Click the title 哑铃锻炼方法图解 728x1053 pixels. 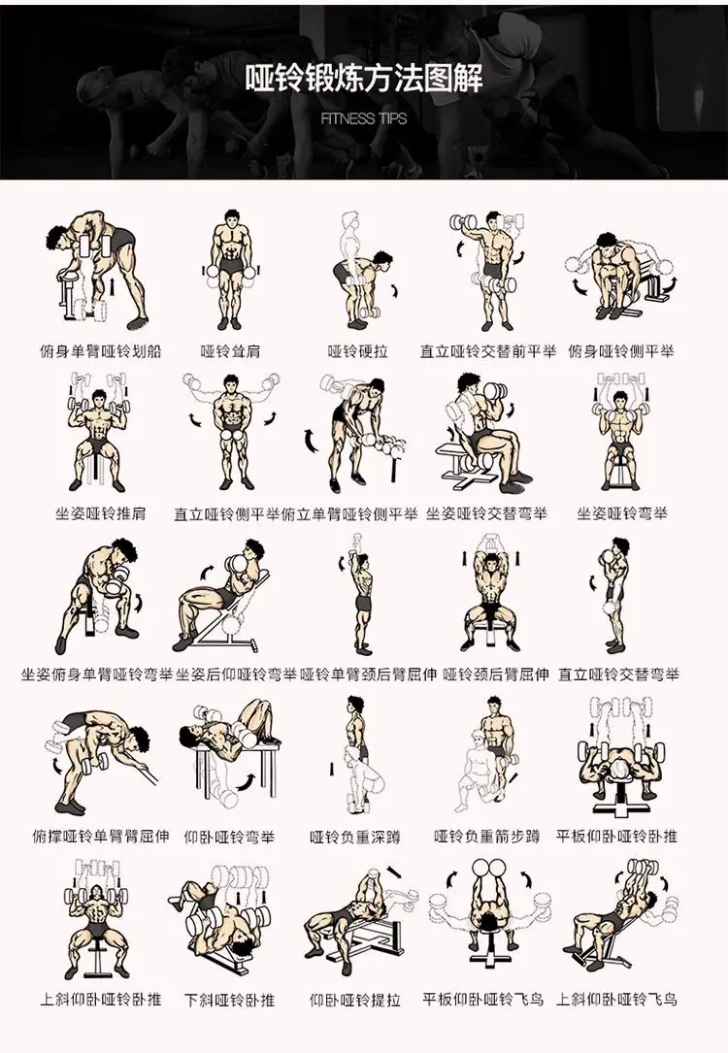click(364, 78)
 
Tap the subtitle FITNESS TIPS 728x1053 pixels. click(364, 118)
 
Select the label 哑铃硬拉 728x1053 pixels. click(358, 351)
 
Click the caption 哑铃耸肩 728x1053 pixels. click(230, 351)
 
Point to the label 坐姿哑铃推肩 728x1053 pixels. click(100, 513)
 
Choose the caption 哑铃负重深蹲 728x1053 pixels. click(355, 837)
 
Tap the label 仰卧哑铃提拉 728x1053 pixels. click(355, 1000)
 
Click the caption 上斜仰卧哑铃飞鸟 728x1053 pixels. click(616, 1000)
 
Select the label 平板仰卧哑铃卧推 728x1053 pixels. click(616, 836)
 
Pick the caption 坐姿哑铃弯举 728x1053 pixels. click(622, 513)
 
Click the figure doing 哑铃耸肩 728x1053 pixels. click(231, 269)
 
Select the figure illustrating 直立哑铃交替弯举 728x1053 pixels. click(613, 595)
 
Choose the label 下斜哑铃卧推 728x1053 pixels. click(230, 1000)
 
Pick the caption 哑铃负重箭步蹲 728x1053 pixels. click(487, 837)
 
